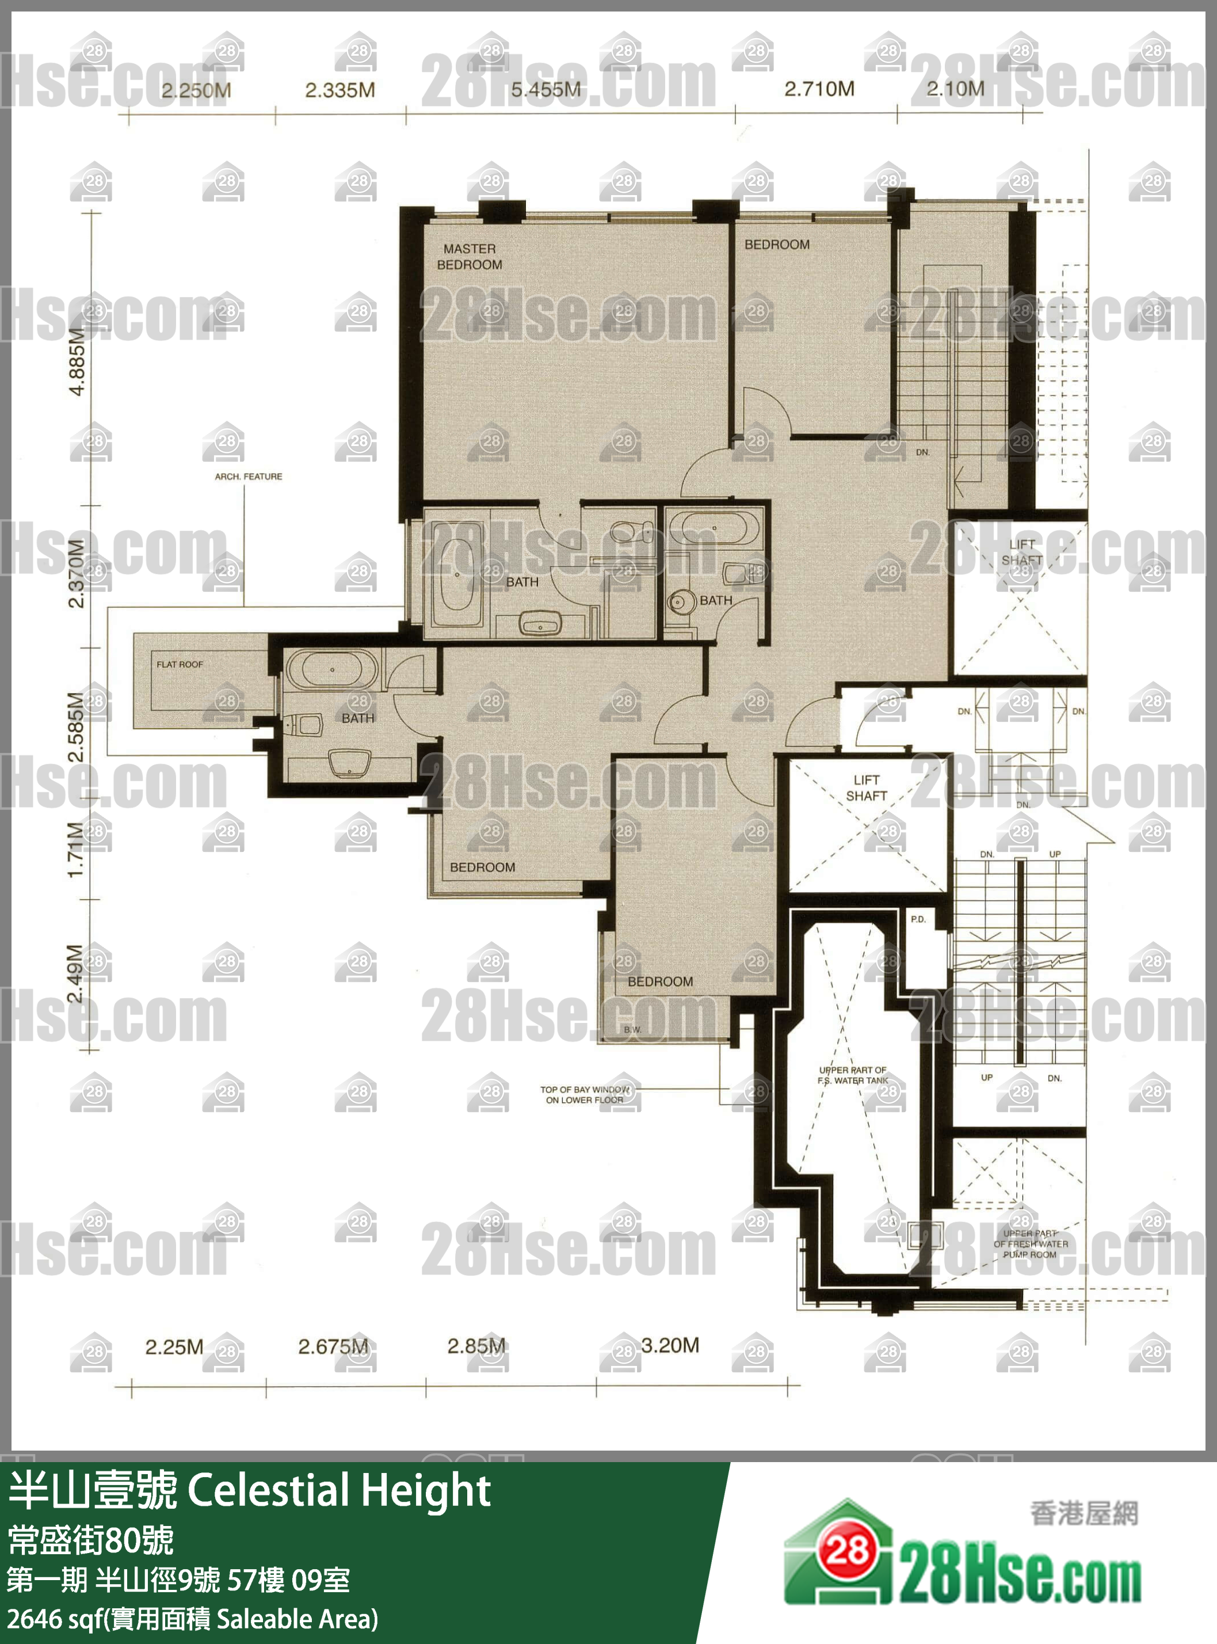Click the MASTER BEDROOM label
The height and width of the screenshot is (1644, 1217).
coord(470,256)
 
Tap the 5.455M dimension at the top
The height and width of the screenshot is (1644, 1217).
coord(546,90)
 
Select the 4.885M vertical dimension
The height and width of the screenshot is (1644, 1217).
coord(77,361)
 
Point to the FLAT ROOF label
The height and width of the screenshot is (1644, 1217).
coord(180,664)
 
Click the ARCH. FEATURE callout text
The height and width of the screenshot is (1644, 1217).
coord(248,477)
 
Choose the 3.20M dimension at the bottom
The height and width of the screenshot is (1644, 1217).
coord(670,1346)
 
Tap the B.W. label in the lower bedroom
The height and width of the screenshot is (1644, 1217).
coord(632,1029)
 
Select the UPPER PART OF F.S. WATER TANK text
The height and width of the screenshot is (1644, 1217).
coord(852,1075)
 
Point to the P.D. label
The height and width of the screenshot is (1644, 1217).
coord(918,919)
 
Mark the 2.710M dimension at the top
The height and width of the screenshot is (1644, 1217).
coord(819,89)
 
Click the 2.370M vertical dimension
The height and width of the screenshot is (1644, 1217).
coord(77,573)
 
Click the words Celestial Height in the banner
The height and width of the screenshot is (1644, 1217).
coord(339,1491)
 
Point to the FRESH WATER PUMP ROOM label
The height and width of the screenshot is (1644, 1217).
coord(1030,1244)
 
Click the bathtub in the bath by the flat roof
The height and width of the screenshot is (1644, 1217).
coord(332,669)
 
